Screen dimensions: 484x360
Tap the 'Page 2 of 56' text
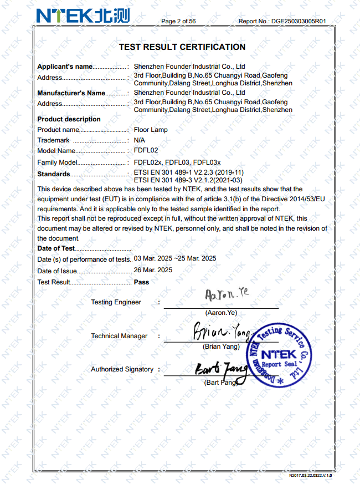point(178,21)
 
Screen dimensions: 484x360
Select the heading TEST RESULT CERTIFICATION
point(182,47)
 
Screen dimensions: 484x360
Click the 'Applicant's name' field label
point(65,67)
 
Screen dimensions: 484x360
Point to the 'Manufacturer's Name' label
point(71,93)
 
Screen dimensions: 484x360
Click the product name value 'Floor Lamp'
point(151,130)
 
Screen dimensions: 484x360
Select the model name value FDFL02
point(146,151)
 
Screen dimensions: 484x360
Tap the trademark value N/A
point(140,140)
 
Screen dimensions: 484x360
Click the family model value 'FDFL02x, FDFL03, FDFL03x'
point(177,162)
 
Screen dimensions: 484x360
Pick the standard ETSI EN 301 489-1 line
point(189,172)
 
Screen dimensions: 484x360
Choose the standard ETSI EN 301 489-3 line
point(188,180)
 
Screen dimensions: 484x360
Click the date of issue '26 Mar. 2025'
point(153,270)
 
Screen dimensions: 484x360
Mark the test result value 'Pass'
point(142,282)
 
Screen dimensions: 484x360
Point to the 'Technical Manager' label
point(119,336)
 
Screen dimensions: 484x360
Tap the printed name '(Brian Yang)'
point(221,347)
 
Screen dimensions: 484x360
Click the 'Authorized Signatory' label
point(122,369)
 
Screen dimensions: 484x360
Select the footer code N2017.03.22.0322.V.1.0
point(310,476)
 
